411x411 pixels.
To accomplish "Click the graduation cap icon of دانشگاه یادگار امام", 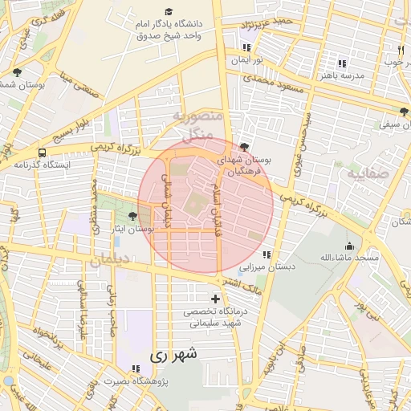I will coord(169,11).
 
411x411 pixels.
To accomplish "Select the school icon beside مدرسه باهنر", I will coord(342,63).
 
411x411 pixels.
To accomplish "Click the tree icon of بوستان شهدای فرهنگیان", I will coord(244,147).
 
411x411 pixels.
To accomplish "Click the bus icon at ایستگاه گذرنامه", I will coord(42,152).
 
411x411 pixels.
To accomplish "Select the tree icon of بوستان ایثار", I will coord(132,215).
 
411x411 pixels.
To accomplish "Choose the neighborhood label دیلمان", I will coord(110,260).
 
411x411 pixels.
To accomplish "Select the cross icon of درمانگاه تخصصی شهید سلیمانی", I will coord(214,299).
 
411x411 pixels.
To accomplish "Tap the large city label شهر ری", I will coord(173,353).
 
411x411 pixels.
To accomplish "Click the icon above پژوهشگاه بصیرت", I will coord(135,368).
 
